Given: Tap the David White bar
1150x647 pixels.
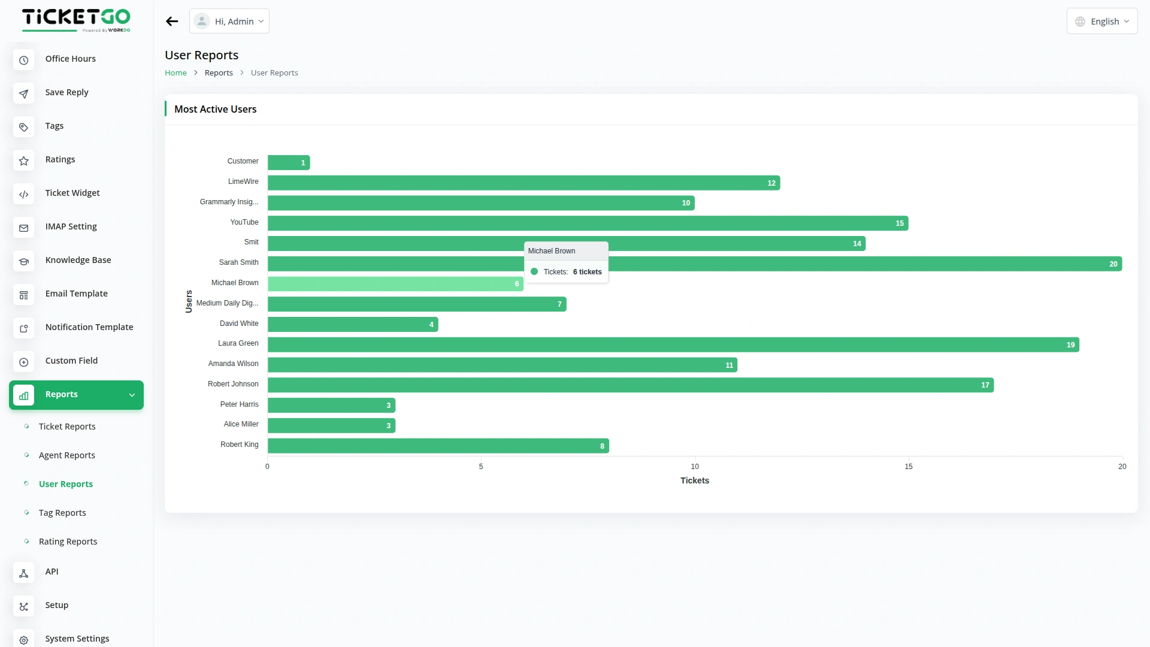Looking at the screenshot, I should [x=353, y=325].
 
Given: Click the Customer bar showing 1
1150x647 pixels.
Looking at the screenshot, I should [x=289, y=162].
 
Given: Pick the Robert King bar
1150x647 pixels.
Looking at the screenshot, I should [x=438, y=446].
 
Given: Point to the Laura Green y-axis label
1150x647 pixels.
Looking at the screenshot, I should [x=238, y=344].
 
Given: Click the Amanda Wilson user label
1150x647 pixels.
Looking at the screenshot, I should [x=233, y=364].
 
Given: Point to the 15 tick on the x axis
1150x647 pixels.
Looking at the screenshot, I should [x=908, y=467].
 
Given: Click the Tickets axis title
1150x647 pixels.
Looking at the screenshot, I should [x=694, y=481].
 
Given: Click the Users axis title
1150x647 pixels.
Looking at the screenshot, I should [x=189, y=302].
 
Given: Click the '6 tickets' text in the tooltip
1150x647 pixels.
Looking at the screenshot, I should [x=587, y=272].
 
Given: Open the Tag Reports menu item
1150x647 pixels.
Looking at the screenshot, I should [x=62, y=513].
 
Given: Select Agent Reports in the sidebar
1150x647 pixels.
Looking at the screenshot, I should [x=66, y=455].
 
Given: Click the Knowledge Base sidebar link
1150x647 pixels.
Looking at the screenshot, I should [x=78, y=260].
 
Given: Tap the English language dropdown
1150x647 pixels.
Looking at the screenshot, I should [x=1101, y=22].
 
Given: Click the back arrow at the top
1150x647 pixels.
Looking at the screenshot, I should [x=172, y=22].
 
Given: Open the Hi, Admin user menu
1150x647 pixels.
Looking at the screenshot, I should [x=229, y=22].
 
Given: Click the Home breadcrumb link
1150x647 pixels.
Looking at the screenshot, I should [x=175, y=73].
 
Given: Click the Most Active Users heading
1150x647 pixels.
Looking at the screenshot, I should [x=215, y=110].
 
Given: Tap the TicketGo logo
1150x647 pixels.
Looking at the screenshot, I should [x=76, y=20].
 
